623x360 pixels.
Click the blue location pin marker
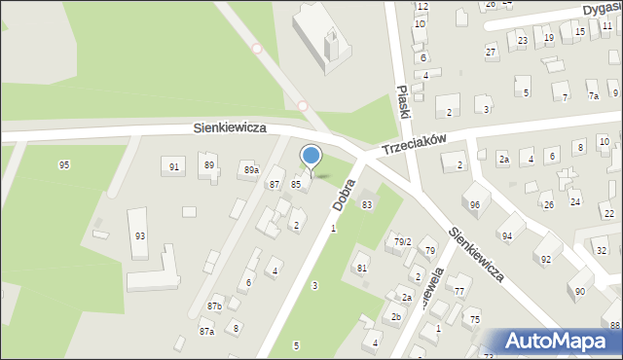[311, 157]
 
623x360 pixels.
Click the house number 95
[64, 164]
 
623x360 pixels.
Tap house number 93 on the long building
[140, 236]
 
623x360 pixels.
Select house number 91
[174, 167]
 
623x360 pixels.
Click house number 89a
[251, 170]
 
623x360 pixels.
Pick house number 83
[367, 204]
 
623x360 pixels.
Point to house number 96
[474, 204]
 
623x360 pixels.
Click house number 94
[506, 236]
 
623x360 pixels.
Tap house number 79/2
[402, 241]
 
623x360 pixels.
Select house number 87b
[214, 306]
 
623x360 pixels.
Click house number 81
[361, 269]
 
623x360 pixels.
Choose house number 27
[491, 51]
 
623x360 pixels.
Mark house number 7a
[593, 96]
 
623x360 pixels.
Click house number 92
[545, 259]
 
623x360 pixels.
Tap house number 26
[548, 204]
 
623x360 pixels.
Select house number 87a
[206, 332]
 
